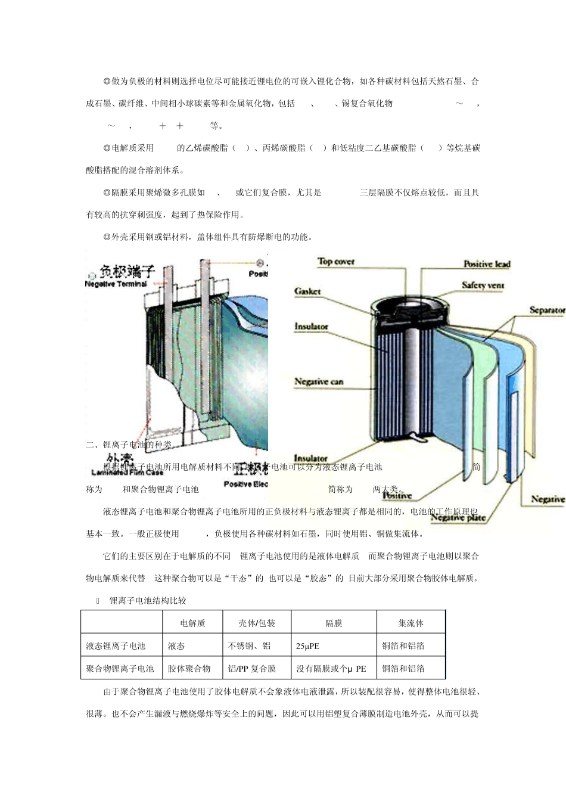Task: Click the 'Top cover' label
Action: [x=336, y=262]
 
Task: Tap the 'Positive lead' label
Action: [x=487, y=264]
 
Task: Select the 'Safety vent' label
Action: [x=483, y=285]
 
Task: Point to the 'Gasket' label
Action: [x=307, y=291]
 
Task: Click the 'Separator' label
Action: [x=546, y=310]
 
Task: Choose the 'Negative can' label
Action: [x=319, y=381]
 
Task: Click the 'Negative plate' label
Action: [x=458, y=517]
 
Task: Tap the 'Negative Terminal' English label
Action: [x=116, y=284]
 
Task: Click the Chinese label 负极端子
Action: [x=126, y=272]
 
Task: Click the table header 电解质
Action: [x=192, y=623]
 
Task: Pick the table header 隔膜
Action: [x=334, y=623]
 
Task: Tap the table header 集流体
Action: [x=410, y=623]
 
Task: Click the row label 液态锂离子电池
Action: [x=116, y=646]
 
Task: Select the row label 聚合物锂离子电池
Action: [x=120, y=669]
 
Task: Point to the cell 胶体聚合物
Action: [x=189, y=669]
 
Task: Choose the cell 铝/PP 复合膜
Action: [x=252, y=669]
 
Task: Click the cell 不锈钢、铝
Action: [x=250, y=646]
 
